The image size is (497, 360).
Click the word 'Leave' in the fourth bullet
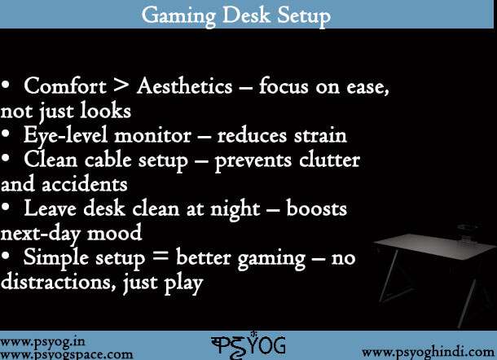(51, 209)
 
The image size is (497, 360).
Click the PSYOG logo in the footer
(248, 345)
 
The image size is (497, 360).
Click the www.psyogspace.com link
(67, 354)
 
